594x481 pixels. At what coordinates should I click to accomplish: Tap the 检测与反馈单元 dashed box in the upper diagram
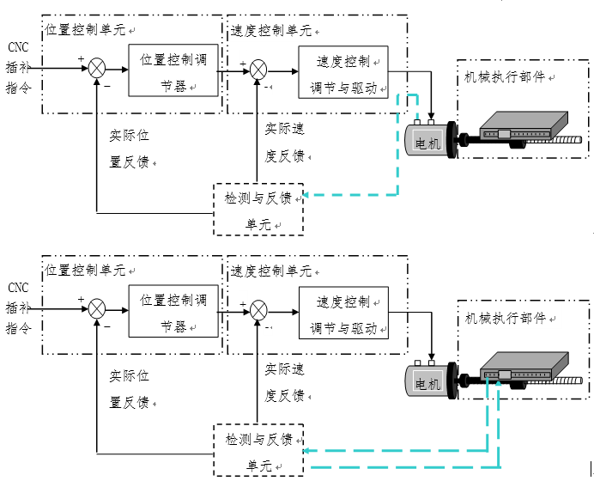258,210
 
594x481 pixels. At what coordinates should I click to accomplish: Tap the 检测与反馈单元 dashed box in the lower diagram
258,451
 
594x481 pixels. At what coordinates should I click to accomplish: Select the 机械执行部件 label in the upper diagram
505,77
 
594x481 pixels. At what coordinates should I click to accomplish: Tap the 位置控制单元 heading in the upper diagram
84,29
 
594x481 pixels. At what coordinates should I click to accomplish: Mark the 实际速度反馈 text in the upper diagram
285,143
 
